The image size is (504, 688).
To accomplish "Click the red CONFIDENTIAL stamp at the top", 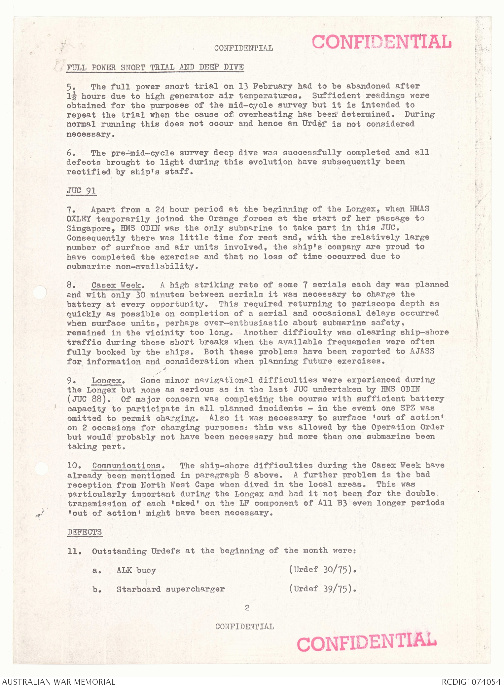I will tap(381, 42).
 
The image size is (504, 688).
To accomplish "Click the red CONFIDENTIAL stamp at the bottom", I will tap(367, 641).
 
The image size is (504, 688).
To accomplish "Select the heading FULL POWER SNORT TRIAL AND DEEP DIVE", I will tap(155, 67).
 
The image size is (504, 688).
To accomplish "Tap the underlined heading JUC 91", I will tap(81, 191).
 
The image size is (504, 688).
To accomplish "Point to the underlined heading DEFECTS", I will tap(85, 532).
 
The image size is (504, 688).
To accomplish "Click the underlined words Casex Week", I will tap(116, 285).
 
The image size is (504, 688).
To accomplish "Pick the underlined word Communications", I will tap(126, 466).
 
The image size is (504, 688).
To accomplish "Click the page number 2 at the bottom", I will tap(247, 607).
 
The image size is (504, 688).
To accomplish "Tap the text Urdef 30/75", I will tap(322, 569).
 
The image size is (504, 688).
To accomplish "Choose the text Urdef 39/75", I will tap(322, 589).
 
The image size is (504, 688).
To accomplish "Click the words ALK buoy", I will tap(136, 570).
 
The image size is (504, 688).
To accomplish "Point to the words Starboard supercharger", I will tap(170, 589).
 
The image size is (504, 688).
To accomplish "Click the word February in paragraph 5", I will tap(272, 87).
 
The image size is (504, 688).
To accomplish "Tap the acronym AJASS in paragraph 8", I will tap(422, 351).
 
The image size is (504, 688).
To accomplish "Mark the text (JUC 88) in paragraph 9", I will tap(87, 399).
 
